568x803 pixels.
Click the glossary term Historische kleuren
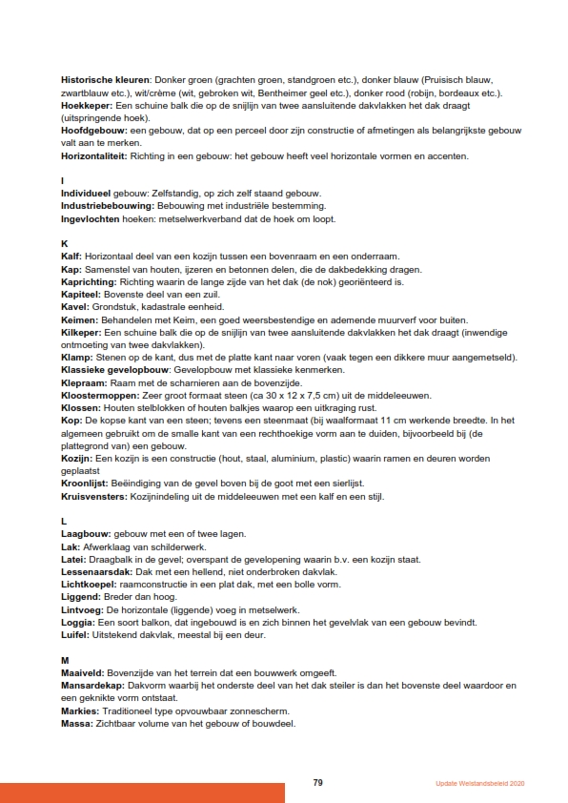[x=100, y=79]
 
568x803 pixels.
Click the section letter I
[x=62, y=180]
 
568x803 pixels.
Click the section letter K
[x=64, y=243]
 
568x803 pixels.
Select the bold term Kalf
[x=71, y=257]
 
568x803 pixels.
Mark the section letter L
[x=63, y=521]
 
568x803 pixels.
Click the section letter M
[x=64, y=659]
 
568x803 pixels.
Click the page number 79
[x=318, y=782]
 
